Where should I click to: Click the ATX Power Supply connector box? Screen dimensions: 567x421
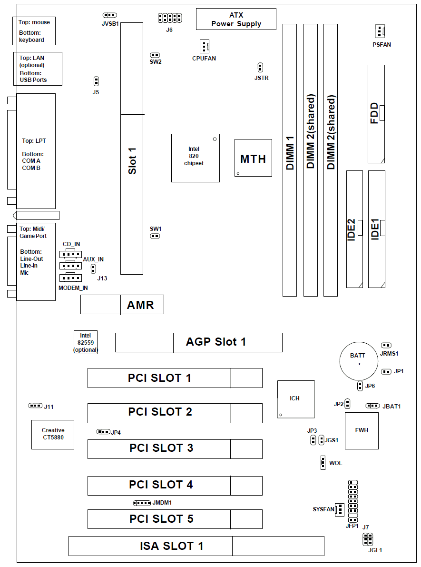pos(236,20)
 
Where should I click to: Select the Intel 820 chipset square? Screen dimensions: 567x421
pos(196,158)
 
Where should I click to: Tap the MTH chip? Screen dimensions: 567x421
pos(253,158)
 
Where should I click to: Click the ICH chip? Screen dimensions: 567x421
pos(295,399)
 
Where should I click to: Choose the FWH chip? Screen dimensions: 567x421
pos(362,430)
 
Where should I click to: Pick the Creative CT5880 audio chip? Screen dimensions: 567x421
pos(53,434)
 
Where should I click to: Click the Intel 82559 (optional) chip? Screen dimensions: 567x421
pos(86,342)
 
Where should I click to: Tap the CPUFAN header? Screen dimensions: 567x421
pos(204,47)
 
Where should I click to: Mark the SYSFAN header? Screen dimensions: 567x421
pos(340,510)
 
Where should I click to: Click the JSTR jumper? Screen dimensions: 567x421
pos(260,67)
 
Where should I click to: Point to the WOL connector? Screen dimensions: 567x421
pos(323,462)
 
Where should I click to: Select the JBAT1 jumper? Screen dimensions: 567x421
pos(372,406)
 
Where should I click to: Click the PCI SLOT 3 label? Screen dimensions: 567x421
pos(161,448)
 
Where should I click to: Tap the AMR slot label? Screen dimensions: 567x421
pos(140,305)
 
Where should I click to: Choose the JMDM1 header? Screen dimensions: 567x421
pos(142,503)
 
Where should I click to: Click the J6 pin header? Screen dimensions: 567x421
pos(170,18)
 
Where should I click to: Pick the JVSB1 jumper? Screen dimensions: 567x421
pos(110,15)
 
